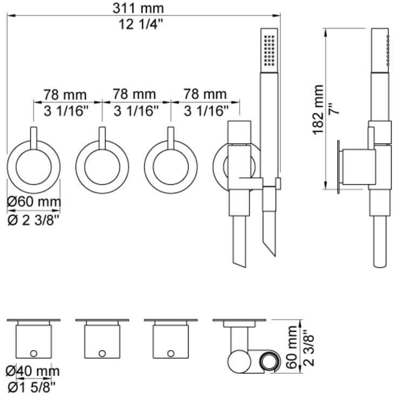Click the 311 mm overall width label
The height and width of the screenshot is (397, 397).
coord(138,8)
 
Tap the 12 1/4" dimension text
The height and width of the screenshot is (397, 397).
coord(141,25)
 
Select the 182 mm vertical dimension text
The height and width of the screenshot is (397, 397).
coord(318,110)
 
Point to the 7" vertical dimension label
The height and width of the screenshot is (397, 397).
coord(335,109)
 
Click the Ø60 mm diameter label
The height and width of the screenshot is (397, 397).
coord(34,201)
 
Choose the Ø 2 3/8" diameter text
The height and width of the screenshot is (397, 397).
coord(33,220)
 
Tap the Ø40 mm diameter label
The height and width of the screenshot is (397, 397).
coord(33,371)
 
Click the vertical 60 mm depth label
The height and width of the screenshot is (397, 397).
coord(292,347)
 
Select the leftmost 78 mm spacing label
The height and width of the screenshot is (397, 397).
coord(65,95)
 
